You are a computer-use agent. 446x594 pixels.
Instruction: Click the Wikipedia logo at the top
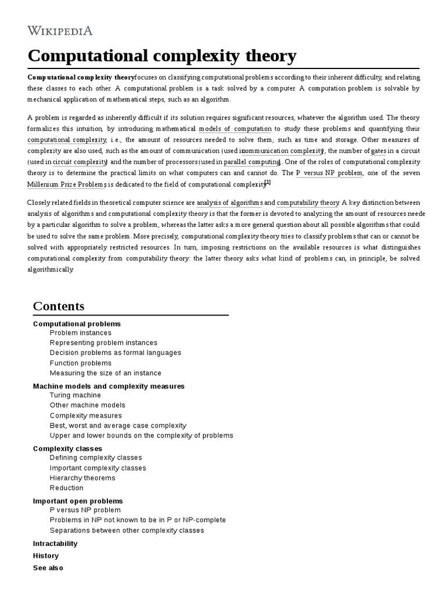(60, 31)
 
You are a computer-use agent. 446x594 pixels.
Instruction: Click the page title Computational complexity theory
(162, 56)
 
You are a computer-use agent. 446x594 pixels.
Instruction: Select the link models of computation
(235, 129)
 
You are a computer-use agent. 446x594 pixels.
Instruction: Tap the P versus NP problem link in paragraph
(329, 173)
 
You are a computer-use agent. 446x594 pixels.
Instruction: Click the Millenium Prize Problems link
(66, 184)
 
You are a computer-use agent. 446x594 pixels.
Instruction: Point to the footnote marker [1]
(268, 182)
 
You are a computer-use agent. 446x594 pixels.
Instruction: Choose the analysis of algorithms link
(229, 202)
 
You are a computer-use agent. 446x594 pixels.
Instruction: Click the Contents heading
(59, 306)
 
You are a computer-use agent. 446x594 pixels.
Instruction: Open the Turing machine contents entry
(75, 395)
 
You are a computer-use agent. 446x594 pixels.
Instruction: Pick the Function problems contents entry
(80, 363)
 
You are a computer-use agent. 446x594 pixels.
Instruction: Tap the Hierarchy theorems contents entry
(82, 478)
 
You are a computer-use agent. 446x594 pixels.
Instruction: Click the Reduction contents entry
(67, 488)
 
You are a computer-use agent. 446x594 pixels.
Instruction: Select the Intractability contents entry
(55, 544)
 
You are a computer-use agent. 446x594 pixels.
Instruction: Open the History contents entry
(46, 556)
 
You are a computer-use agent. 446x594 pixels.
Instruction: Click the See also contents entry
(48, 568)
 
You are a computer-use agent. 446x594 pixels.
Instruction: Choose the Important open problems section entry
(78, 501)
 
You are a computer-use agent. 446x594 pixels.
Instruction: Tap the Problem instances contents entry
(81, 333)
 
